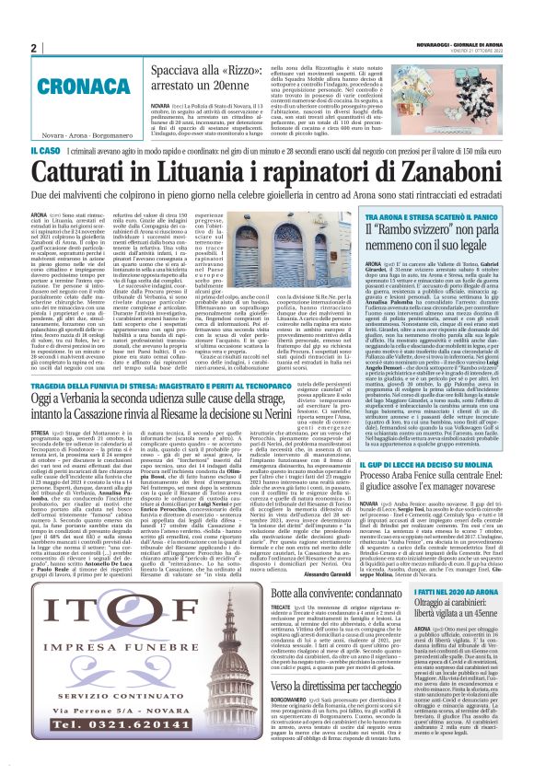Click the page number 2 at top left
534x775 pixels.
coord(33,48)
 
